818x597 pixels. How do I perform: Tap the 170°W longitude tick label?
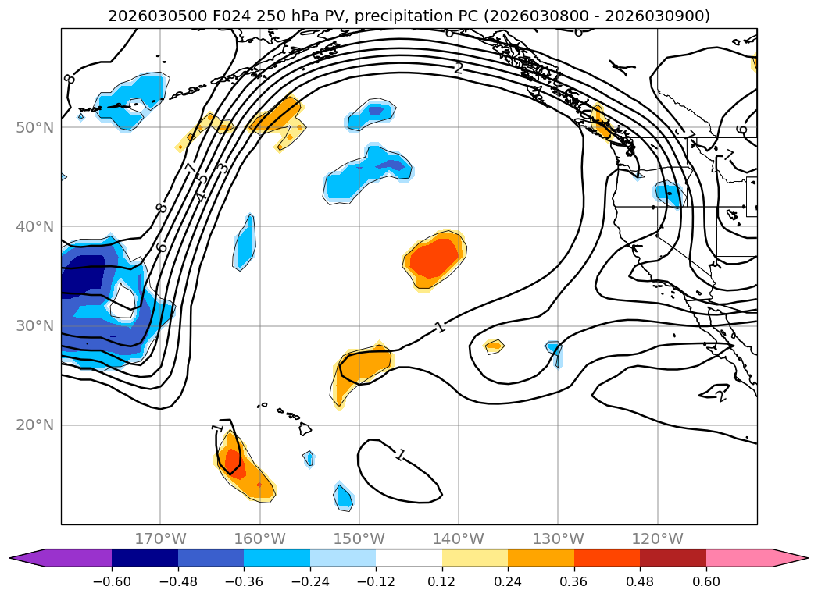160,538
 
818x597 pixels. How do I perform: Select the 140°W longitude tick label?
459,538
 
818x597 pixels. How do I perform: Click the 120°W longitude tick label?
657,538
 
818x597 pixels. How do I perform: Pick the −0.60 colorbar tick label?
112,581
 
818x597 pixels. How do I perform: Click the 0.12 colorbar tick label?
442,581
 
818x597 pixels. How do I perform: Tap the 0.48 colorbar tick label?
640,581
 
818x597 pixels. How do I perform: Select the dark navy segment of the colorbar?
145,558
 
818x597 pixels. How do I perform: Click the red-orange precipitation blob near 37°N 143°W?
434,259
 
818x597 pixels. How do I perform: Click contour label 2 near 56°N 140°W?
459,69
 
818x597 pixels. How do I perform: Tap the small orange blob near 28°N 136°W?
494,346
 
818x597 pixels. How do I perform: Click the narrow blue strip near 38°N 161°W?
245,242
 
